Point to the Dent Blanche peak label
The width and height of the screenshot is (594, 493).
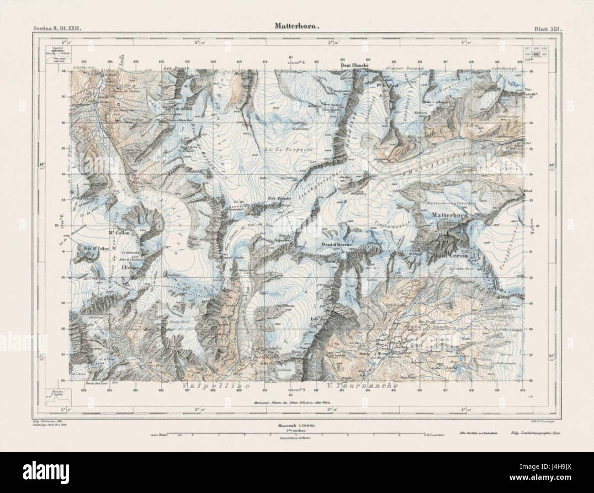click(x=355, y=65)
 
